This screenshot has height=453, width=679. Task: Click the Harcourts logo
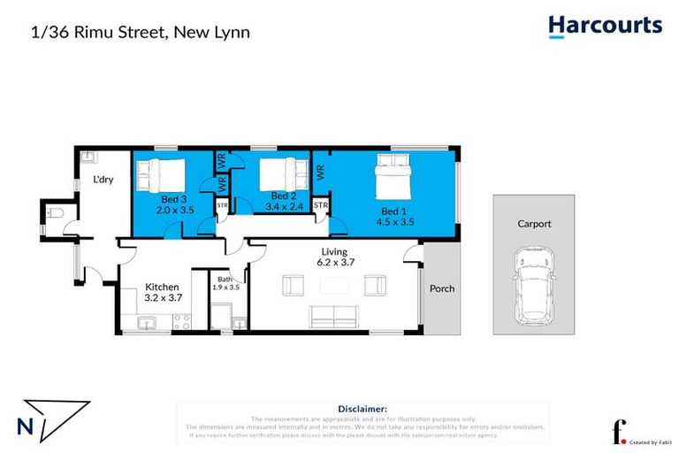pyautogui.click(x=605, y=26)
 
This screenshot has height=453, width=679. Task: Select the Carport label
pyautogui.click(x=534, y=224)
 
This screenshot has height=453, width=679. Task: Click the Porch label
pyautogui.click(x=441, y=289)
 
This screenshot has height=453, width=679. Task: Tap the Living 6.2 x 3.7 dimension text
pyautogui.click(x=336, y=257)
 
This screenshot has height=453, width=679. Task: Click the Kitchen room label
pyautogui.click(x=163, y=288)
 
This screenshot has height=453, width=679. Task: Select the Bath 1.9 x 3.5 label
pyautogui.click(x=226, y=282)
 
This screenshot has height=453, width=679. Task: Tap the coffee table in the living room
pyautogui.click(x=335, y=285)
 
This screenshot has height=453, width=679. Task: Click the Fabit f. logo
pyautogui.click(x=619, y=431)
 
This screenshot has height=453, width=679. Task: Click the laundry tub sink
pyautogui.click(x=88, y=158)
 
